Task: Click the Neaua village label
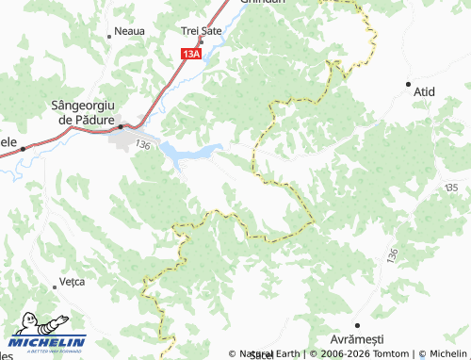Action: point(130,31)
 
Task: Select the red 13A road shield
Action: point(191,55)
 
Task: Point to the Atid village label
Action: point(424,92)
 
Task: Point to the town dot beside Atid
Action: point(408,83)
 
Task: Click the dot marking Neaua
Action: point(110,36)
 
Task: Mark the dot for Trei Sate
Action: point(201,41)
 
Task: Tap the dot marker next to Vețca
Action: point(54,286)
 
